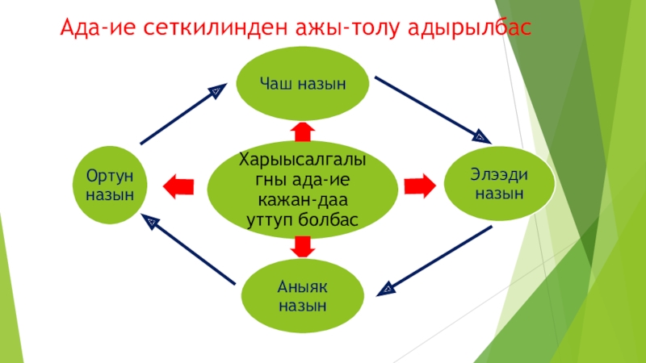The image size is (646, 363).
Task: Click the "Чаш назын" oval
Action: pyautogui.click(x=303, y=82)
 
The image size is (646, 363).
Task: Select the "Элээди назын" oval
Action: pyautogui.click(x=499, y=184)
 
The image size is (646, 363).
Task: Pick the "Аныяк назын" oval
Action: pyautogui.click(x=303, y=295)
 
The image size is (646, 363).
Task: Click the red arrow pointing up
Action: pyautogui.click(x=303, y=131)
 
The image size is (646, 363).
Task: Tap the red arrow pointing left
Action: pyautogui.click(x=178, y=186)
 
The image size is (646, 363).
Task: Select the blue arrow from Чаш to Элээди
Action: pyautogui.click(x=431, y=108)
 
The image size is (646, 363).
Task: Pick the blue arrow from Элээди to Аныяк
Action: pyautogui.click(x=436, y=258)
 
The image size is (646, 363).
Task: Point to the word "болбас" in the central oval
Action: pyautogui.click(x=329, y=219)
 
